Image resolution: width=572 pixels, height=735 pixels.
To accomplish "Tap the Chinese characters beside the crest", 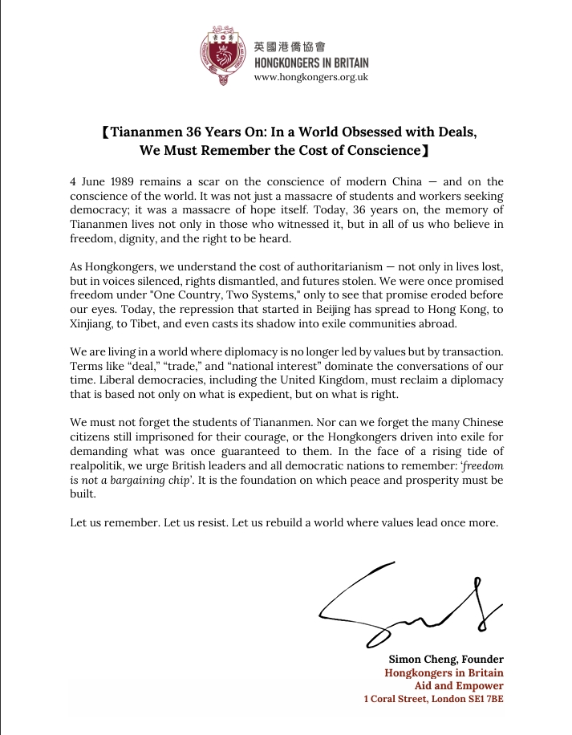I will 290,46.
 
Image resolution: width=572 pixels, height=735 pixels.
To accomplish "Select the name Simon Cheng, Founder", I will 446,659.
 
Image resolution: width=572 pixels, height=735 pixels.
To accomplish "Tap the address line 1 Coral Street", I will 433,699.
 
